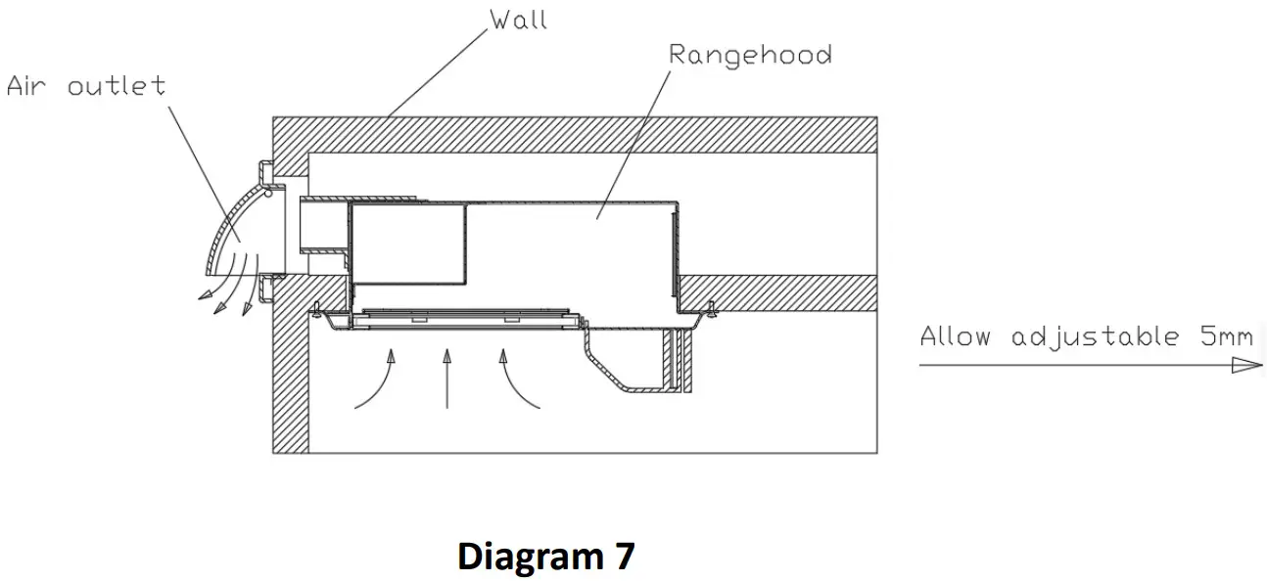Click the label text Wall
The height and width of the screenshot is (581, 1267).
pos(518,20)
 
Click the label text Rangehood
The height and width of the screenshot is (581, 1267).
pos(750,54)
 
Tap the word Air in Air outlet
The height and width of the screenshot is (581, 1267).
pos(27,86)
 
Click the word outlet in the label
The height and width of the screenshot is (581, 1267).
pos(117,86)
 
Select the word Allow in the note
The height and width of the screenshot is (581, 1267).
pos(956,336)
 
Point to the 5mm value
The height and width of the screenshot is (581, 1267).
pos(1226,336)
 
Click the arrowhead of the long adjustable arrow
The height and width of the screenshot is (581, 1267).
pos(1245,365)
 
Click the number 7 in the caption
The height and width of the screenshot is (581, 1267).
pos(623,557)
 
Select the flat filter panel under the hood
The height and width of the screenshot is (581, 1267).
pos(460,318)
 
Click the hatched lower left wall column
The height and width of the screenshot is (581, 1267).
pos(291,381)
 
